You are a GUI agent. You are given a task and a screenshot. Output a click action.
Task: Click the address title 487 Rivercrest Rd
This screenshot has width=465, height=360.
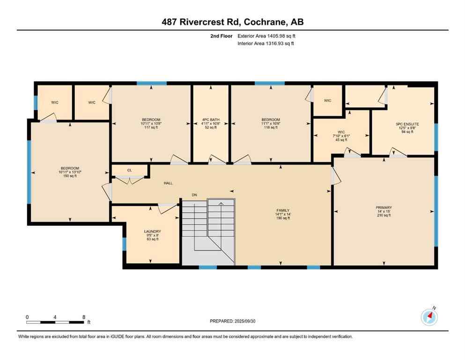[x=232, y=22]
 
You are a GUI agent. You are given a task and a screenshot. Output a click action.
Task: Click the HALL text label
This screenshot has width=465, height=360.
[x=168, y=183]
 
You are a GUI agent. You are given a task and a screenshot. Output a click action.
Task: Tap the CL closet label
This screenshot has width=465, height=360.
[x=129, y=171]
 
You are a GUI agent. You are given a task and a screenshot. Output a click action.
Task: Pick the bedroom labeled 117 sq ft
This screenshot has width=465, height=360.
[x=151, y=123]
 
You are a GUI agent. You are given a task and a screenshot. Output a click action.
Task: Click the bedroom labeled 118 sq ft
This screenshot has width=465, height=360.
[x=271, y=123]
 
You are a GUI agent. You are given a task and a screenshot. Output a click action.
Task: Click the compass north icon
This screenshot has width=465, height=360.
[x=429, y=317]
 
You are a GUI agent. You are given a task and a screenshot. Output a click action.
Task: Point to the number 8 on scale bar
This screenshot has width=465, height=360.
[x=83, y=317]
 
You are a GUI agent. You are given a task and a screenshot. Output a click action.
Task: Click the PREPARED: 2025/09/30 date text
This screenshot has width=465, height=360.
[x=232, y=321]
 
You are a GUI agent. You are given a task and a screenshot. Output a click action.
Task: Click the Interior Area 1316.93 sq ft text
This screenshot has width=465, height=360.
[x=266, y=44]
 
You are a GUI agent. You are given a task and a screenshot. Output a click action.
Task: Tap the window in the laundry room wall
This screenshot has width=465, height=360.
[x=124, y=244]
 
